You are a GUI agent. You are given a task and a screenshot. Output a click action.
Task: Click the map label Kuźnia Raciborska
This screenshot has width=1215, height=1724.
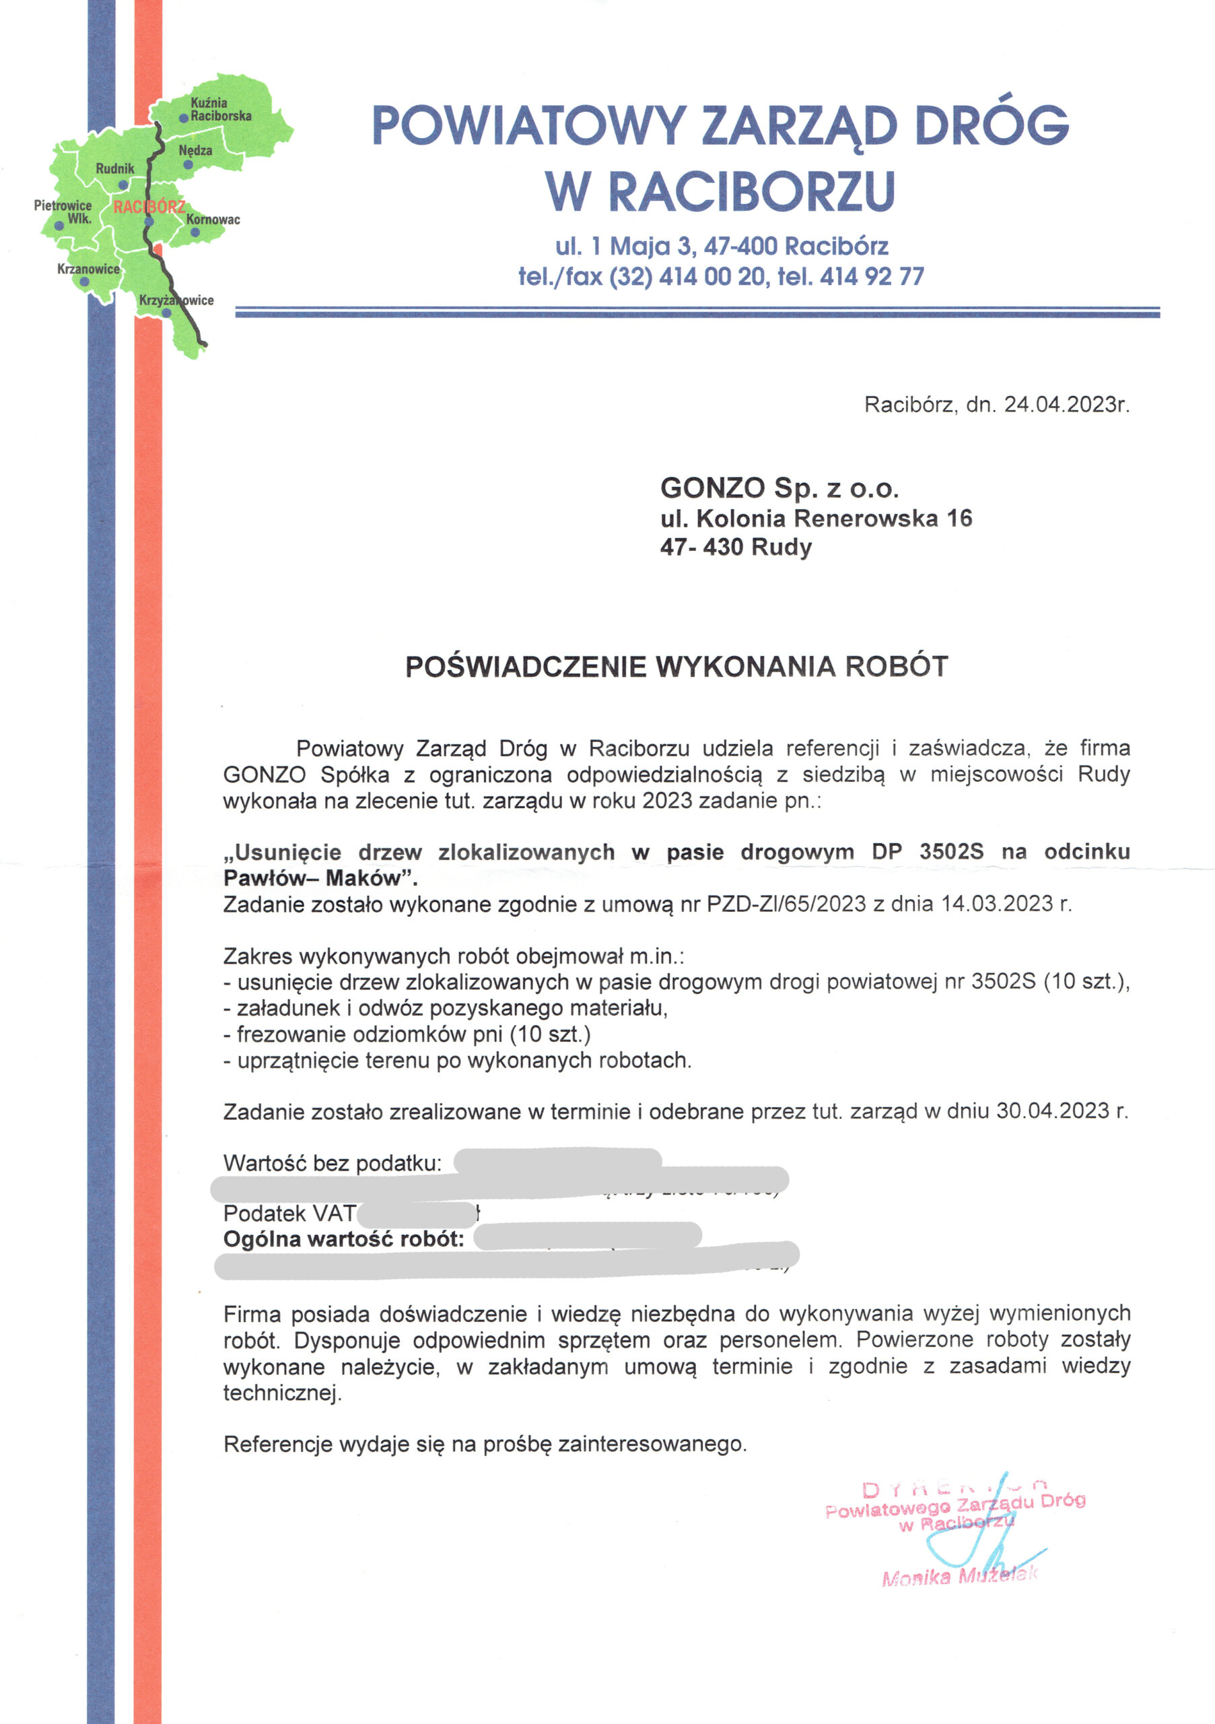220,110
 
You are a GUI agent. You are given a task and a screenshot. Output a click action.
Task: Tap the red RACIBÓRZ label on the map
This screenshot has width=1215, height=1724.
149,207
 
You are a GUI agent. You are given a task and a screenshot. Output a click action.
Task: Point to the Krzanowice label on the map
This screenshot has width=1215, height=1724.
88,269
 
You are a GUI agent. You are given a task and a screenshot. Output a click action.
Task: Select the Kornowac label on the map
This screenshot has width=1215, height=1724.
213,220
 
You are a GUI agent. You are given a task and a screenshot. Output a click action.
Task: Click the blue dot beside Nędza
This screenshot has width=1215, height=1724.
188,164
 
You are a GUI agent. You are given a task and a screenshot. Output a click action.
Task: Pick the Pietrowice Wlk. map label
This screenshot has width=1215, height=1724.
63,211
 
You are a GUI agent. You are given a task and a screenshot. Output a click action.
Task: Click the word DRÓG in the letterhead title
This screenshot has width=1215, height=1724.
992,126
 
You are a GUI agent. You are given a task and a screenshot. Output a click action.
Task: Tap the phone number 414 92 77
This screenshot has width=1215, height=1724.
871,276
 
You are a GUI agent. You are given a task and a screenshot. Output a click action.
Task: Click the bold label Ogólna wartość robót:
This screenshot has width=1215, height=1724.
344,1238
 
